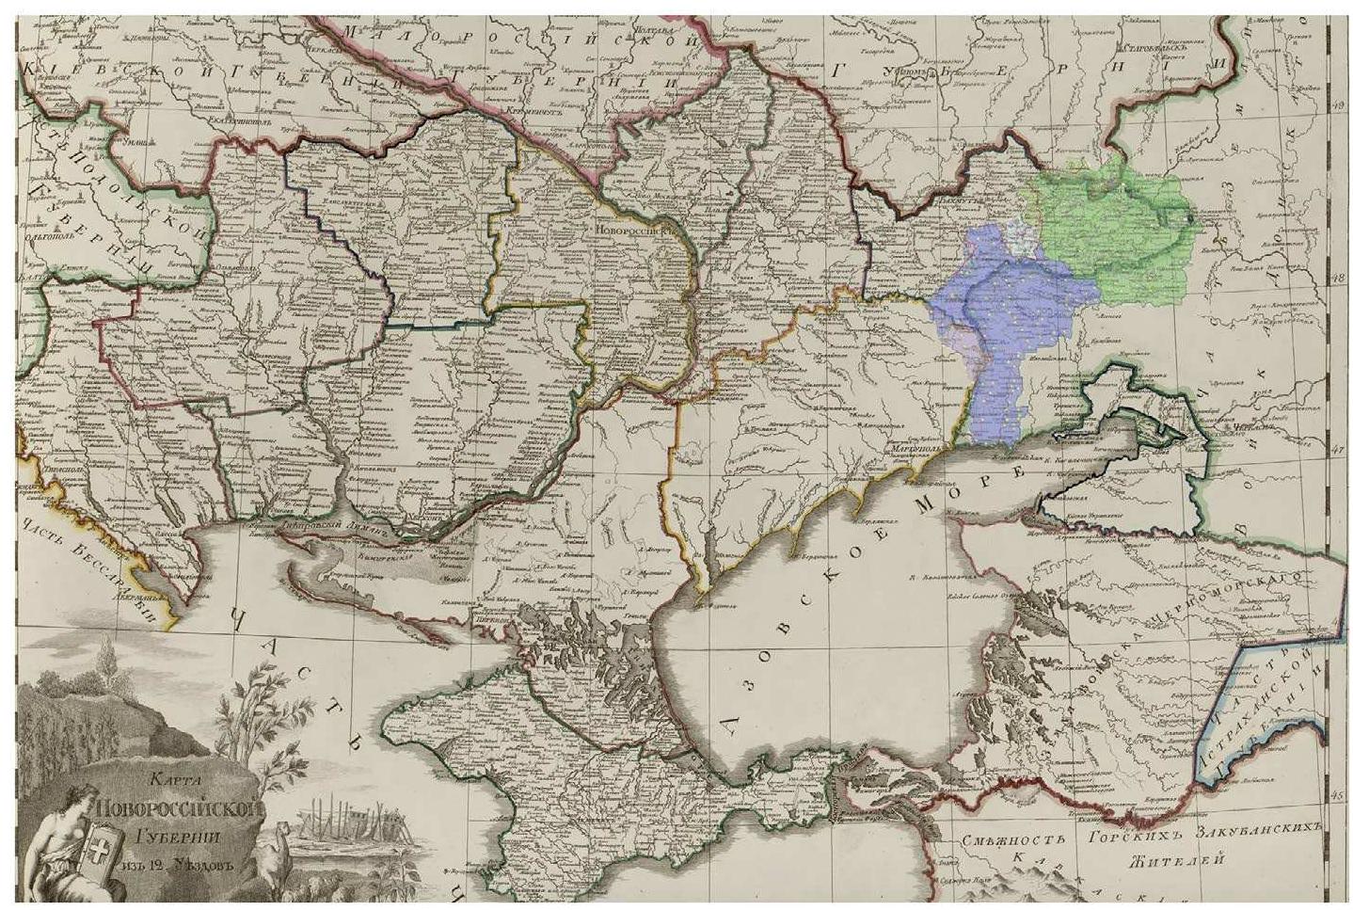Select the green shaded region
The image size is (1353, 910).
point(1120,231)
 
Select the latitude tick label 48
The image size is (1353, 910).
point(1339,277)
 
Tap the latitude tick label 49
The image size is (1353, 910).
point(1339,106)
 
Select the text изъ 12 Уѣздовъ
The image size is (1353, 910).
point(179,865)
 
